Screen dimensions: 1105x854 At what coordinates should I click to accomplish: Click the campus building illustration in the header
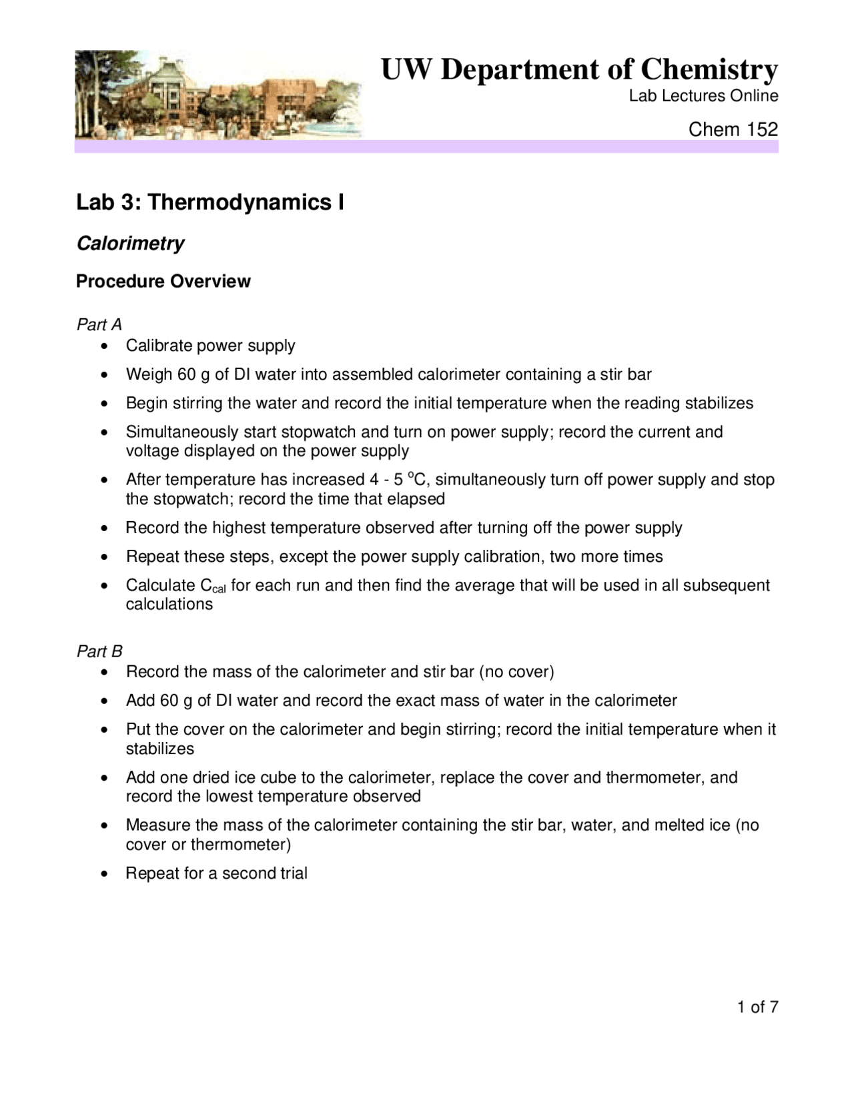pyautogui.click(x=218, y=95)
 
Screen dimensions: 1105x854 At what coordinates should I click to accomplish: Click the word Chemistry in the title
pyautogui.click(x=709, y=69)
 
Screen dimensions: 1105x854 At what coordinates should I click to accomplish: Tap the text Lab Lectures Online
pyautogui.click(x=703, y=96)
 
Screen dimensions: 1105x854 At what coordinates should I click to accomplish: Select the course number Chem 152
pyautogui.click(x=733, y=129)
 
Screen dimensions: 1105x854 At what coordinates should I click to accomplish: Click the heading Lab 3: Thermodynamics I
pyautogui.click(x=210, y=202)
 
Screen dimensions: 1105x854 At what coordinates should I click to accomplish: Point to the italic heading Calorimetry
pyautogui.click(x=130, y=244)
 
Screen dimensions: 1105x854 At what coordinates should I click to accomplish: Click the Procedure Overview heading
pyautogui.click(x=163, y=282)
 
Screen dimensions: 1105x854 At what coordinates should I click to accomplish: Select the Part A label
pyautogui.click(x=99, y=325)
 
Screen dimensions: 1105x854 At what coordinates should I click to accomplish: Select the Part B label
pyautogui.click(x=99, y=651)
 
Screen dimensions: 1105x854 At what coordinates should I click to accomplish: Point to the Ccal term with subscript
pyautogui.click(x=213, y=587)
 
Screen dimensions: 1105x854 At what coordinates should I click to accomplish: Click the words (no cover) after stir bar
pyautogui.click(x=516, y=672)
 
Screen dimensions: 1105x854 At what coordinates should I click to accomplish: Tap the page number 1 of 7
pyautogui.click(x=757, y=1008)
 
